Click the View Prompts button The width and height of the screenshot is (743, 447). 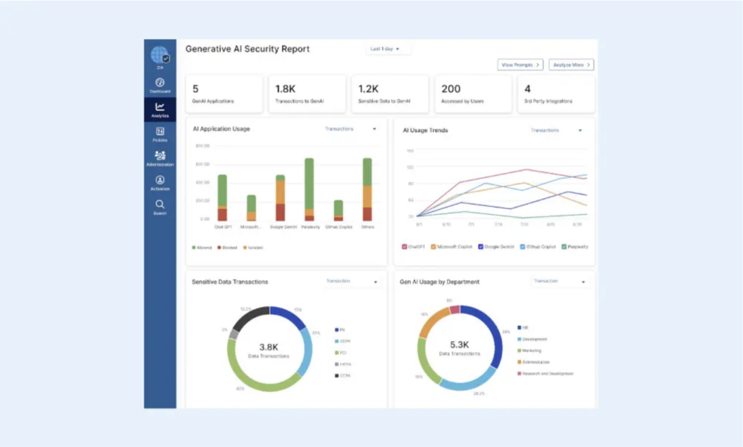pos(520,65)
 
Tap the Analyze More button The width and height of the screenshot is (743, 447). pos(571,65)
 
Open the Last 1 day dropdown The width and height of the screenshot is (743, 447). pos(388,49)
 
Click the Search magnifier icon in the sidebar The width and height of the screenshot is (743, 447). pos(160,205)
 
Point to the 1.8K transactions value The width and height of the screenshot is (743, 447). pos(285,89)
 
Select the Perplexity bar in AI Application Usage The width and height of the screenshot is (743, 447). pos(309,189)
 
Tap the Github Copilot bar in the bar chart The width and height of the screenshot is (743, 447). pos(338,210)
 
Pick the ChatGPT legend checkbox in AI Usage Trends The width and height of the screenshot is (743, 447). pos(405,247)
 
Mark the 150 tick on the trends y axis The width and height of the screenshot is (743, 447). pos(410,151)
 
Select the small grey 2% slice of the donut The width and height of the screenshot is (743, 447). pos(234,335)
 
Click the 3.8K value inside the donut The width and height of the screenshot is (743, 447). pos(270,346)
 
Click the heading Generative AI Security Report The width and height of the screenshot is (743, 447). pos(247,49)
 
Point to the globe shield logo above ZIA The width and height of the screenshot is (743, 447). pos(160,55)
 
